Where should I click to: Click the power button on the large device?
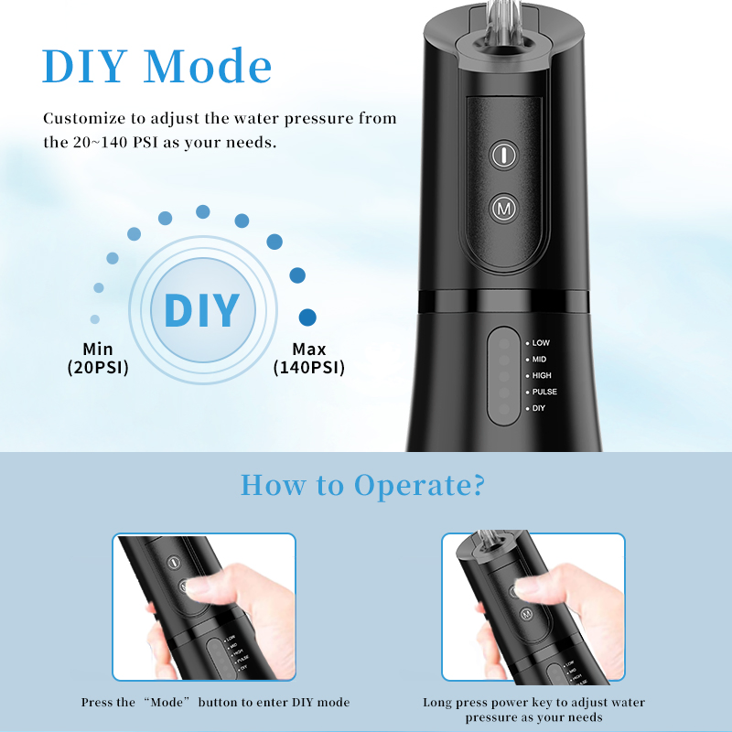coord(502,155)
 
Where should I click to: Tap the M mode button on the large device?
coord(502,210)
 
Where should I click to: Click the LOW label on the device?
coord(541,343)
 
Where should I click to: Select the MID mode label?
coord(539,360)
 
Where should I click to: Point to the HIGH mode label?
coord(542,376)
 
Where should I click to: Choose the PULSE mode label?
coord(544,393)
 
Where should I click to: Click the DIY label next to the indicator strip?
coord(538,408)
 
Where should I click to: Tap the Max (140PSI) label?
coord(308,358)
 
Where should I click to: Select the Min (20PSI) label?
coord(98,358)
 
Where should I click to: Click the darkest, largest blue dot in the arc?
coord(308,318)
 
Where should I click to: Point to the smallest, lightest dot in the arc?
coord(95,319)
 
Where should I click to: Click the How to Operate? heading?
coord(362,485)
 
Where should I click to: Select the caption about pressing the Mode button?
coord(215,703)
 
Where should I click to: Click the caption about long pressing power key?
coord(533,710)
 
